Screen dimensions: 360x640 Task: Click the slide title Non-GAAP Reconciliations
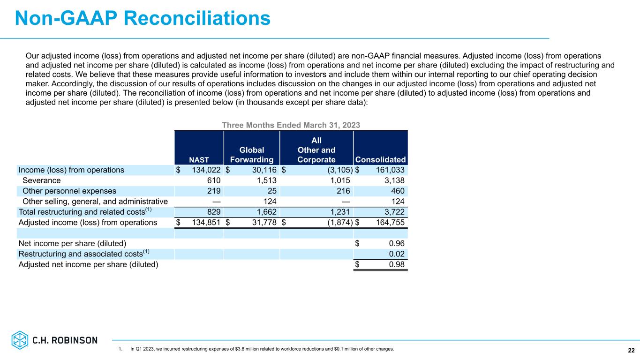pyautogui.click(x=143, y=18)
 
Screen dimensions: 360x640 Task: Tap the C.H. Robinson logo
pyautogui.click(x=54, y=340)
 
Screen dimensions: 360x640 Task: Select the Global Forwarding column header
pyautogui.click(x=252, y=155)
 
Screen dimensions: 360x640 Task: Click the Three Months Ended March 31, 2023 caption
pyautogui.click(x=291, y=125)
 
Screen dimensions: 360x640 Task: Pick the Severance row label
pyautogui.click(x=41, y=180)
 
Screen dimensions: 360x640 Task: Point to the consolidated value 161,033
pyautogui.click(x=388, y=170)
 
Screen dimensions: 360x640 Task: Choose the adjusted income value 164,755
pyautogui.click(x=388, y=223)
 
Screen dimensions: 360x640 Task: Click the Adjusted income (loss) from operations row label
pyautogui.click(x=88, y=223)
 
